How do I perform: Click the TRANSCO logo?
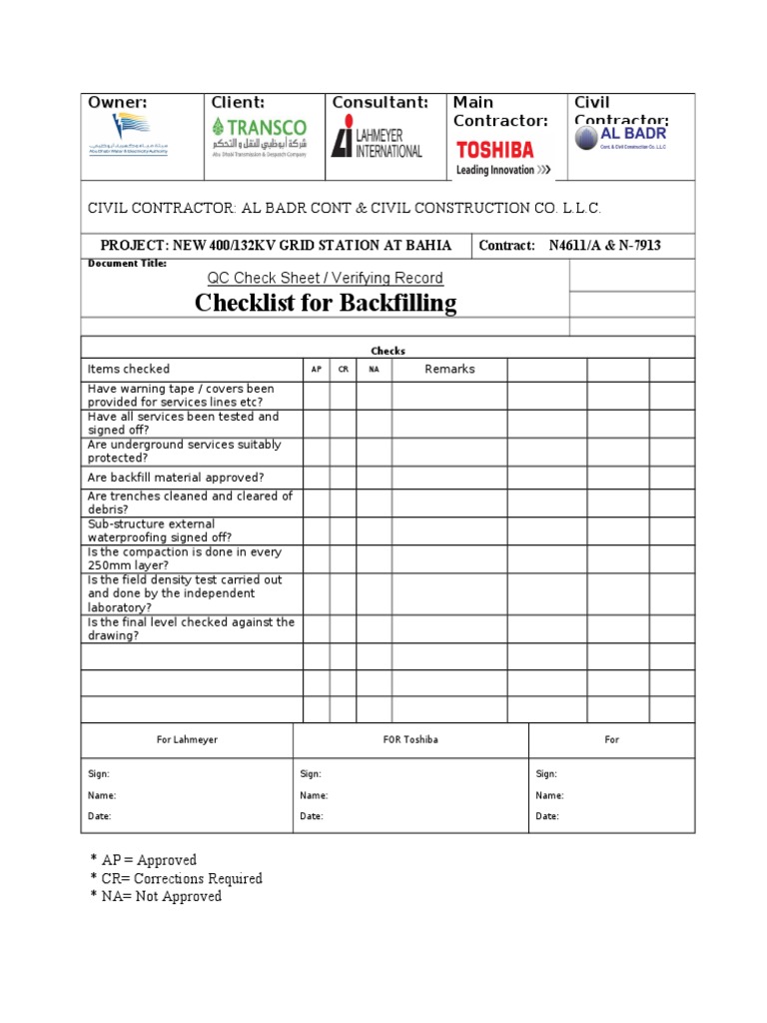coord(259,137)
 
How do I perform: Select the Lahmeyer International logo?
coord(377,137)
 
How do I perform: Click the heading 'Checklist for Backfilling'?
coord(326,303)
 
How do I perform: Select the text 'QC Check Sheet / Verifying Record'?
coord(325,278)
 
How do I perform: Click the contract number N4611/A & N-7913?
coord(605,246)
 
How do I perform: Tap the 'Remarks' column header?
coord(449,370)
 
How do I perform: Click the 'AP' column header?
coord(316,370)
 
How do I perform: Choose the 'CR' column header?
coord(343,370)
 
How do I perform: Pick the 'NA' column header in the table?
coord(374,370)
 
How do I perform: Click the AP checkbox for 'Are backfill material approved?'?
coord(316,478)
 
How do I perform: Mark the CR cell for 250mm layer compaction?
coord(343,558)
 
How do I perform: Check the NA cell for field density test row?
coord(374,593)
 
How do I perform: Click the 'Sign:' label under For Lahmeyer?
coord(99,774)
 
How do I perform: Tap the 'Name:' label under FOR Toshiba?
coord(314,796)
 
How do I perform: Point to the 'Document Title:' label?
coord(128,264)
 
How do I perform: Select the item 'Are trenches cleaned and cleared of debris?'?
coord(190,503)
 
